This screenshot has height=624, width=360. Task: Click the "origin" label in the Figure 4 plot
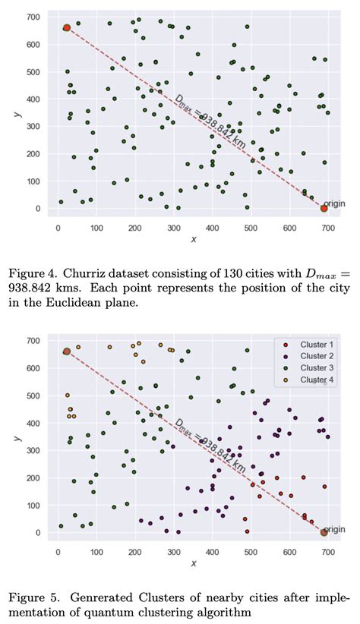point(334,204)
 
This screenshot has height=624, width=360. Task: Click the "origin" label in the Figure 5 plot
point(334,529)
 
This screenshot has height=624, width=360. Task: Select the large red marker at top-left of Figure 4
point(67,28)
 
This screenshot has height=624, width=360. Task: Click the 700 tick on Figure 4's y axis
point(33,17)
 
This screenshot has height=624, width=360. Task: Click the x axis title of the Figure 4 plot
point(194,238)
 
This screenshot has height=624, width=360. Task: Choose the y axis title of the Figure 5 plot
point(16,438)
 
